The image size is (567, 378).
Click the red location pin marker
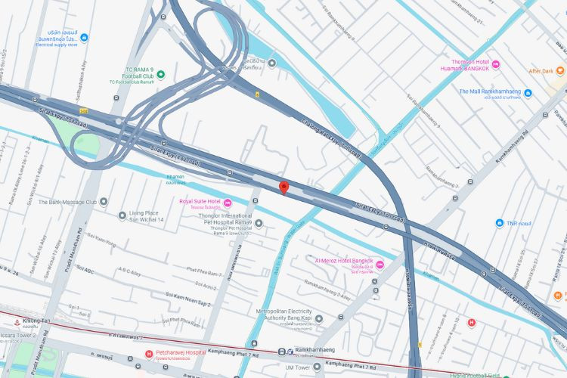283,187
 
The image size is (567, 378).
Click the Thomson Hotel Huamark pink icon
496,64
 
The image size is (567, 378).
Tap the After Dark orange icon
562,71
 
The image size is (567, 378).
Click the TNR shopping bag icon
500,223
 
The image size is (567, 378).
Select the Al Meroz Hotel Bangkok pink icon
380,264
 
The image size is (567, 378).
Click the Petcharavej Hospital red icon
148,353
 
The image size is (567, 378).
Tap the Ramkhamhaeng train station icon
281,352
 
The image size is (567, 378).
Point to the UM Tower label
299,367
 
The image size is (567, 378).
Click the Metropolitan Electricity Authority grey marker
318,319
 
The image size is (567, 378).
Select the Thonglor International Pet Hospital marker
259,223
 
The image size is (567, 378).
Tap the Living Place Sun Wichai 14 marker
122,215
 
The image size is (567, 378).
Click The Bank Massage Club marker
103,202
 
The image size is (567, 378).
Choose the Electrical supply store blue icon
84,37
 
